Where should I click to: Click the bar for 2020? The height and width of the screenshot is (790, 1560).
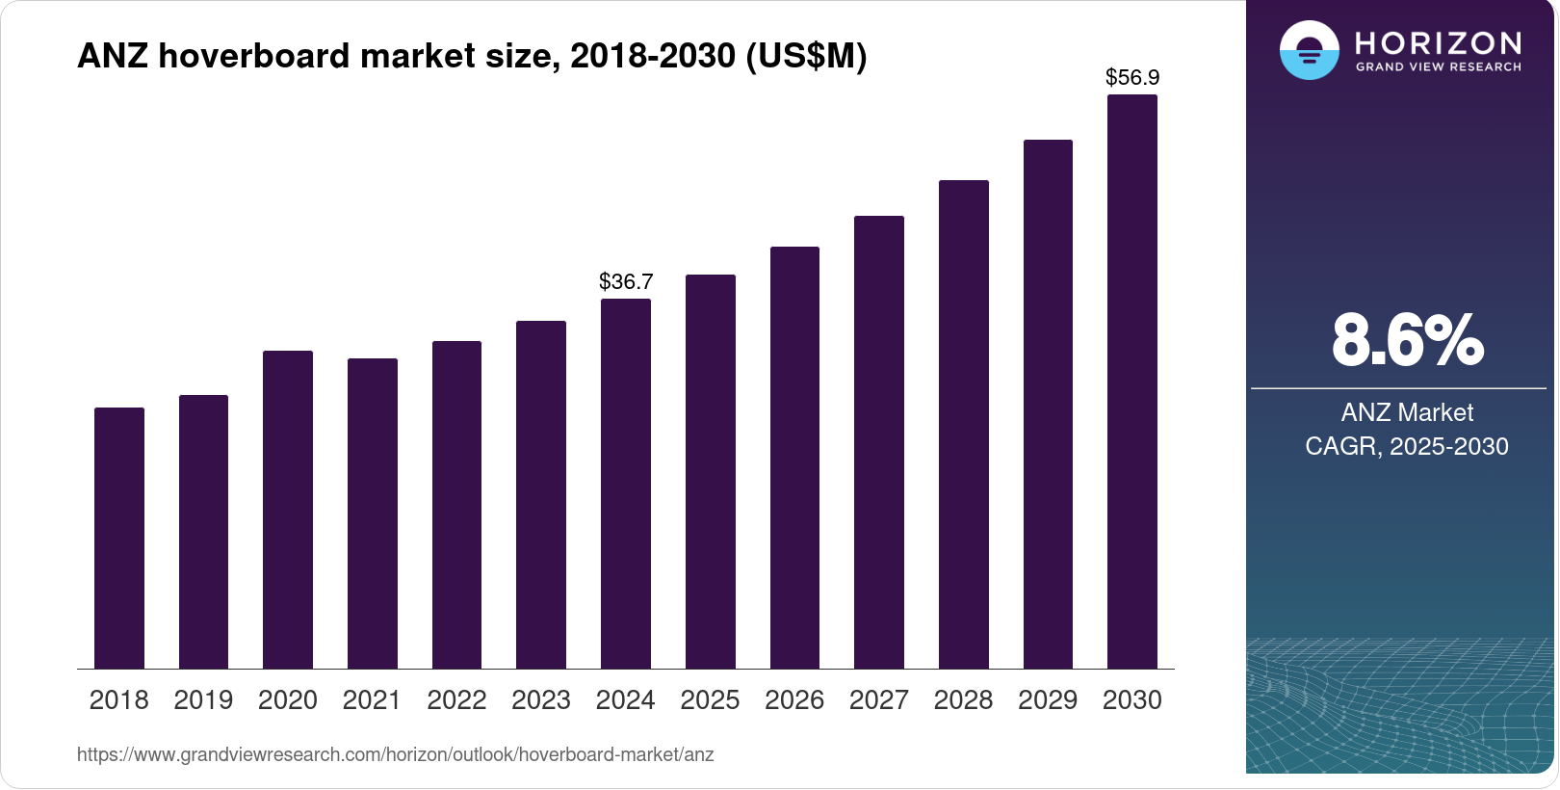[288, 510]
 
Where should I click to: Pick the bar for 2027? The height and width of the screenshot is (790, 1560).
[879, 442]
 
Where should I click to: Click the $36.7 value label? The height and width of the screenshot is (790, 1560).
[626, 281]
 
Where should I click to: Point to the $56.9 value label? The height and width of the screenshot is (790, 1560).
[1132, 77]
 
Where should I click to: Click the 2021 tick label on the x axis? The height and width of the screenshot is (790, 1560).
[372, 700]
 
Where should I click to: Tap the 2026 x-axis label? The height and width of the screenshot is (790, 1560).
[794, 700]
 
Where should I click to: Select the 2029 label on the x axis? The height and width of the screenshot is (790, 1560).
[1048, 700]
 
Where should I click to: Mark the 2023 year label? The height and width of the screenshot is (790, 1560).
[541, 700]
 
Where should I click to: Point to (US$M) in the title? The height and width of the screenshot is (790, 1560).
[806, 56]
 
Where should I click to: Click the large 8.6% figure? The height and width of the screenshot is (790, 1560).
[1407, 340]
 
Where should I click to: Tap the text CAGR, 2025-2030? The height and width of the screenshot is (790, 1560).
[1407, 446]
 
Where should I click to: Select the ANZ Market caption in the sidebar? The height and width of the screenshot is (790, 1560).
[1407, 412]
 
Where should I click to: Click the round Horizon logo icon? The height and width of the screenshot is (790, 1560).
[1309, 50]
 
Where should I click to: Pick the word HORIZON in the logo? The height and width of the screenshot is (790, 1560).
[1438, 42]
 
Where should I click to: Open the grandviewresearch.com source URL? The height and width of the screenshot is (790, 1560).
[395, 754]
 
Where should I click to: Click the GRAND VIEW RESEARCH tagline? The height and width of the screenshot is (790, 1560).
[1438, 67]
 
